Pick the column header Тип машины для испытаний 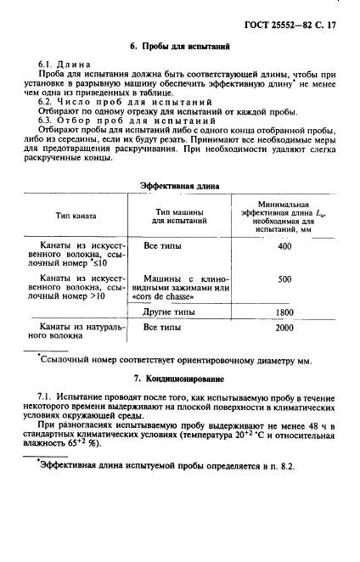click(179, 216)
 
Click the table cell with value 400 click(284, 246)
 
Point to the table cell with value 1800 click(284, 312)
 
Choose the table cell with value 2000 click(284, 328)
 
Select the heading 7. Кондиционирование click(178, 377)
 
